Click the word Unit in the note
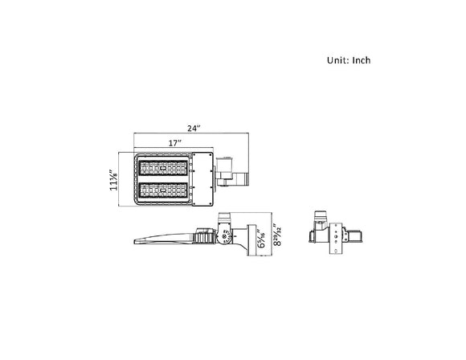coord(337,60)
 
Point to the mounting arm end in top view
coord(243,179)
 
